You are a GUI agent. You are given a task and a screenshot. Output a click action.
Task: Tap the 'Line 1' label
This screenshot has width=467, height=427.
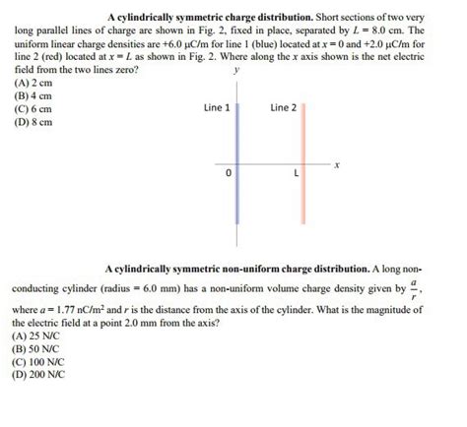[x=217, y=107]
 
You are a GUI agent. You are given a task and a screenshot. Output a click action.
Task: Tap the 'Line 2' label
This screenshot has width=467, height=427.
[x=283, y=107]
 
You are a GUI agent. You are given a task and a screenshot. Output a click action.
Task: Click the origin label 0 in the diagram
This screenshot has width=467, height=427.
[x=228, y=174]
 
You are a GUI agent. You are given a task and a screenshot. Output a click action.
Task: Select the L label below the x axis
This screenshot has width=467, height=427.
[x=296, y=174]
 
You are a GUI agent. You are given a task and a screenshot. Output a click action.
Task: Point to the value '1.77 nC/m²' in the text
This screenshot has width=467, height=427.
[x=92, y=309]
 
